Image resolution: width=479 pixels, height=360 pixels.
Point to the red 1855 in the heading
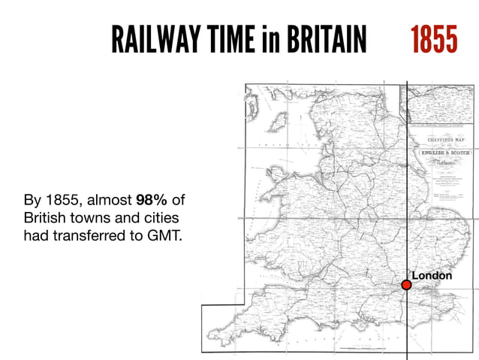[x=433, y=38]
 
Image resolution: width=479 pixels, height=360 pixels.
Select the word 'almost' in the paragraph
[x=110, y=201]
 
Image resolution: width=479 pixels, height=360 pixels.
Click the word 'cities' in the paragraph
[x=165, y=219]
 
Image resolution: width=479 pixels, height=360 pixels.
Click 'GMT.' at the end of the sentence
[x=166, y=237]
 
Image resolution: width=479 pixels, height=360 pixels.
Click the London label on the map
[x=432, y=276]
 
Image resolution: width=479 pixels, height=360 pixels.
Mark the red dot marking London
[x=406, y=285]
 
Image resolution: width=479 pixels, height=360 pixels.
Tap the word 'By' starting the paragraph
[x=32, y=201]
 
